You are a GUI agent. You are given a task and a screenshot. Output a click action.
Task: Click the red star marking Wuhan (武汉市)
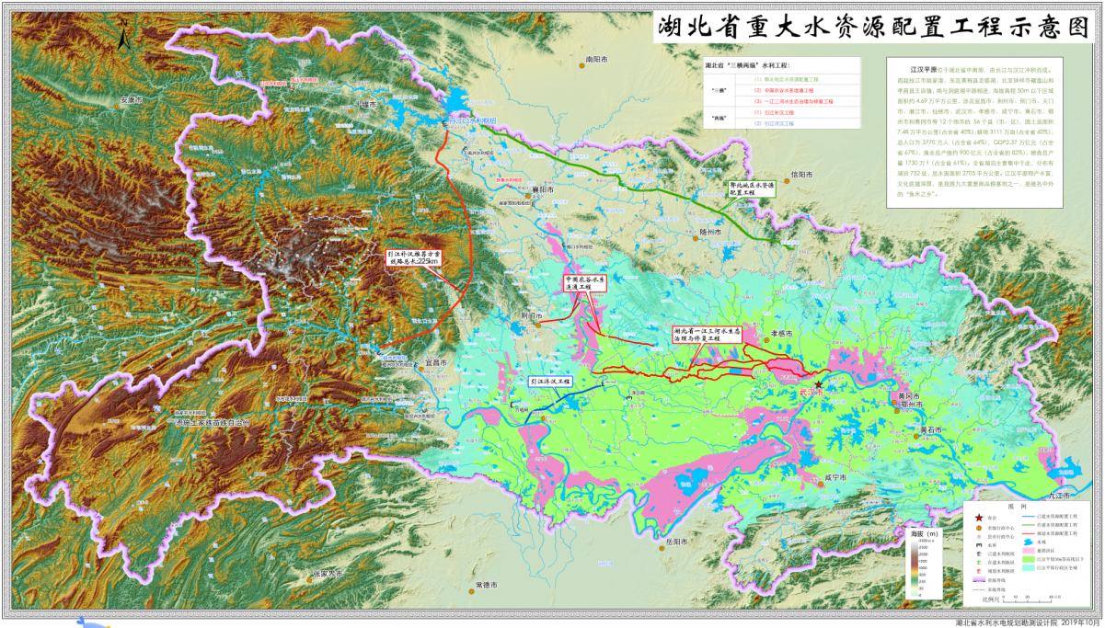[818, 384]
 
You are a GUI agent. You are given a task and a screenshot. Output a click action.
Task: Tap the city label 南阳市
[599, 59]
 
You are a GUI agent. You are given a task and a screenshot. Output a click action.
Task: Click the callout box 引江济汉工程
[549, 381]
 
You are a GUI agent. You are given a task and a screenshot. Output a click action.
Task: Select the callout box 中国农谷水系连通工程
[585, 282]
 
